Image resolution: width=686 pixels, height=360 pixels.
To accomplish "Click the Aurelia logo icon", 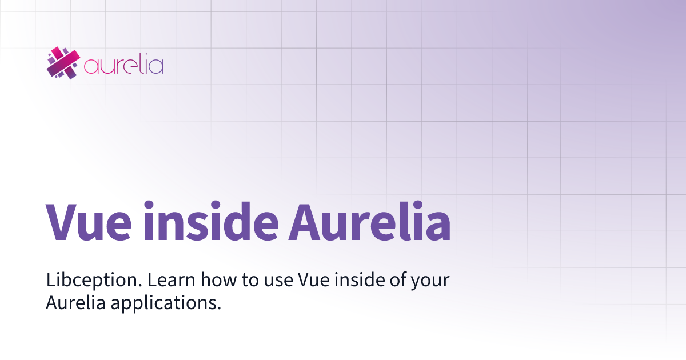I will tap(62, 62).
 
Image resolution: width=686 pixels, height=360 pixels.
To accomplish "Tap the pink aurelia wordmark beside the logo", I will tap(123, 65).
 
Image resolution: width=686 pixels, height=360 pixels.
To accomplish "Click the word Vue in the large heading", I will tap(89, 221).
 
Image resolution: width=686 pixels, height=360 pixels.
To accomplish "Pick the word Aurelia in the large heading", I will tap(369, 221).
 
